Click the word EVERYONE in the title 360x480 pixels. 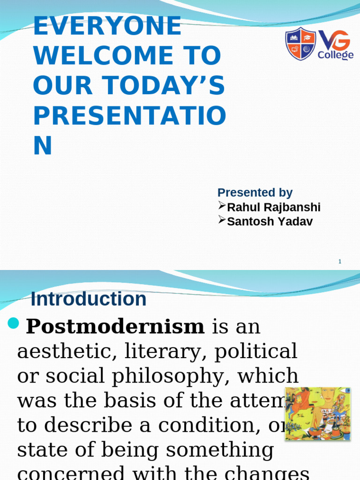click(107, 26)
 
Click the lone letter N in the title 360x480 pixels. click(43, 146)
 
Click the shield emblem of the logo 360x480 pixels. click(301, 44)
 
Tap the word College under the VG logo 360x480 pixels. click(336, 55)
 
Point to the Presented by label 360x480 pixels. click(255, 193)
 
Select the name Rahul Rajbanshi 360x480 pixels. click(274, 207)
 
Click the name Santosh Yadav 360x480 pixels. click(270, 221)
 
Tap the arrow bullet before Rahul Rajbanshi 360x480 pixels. click(222, 206)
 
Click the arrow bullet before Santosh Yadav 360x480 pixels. click(222, 220)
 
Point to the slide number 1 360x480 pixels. click(340, 261)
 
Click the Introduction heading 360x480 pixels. click(89, 299)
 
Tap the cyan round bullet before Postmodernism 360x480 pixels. click(15, 323)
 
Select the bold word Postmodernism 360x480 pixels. click(115, 327)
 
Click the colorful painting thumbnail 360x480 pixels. click(318, 413)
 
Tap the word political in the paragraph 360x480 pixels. click(255, 351)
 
